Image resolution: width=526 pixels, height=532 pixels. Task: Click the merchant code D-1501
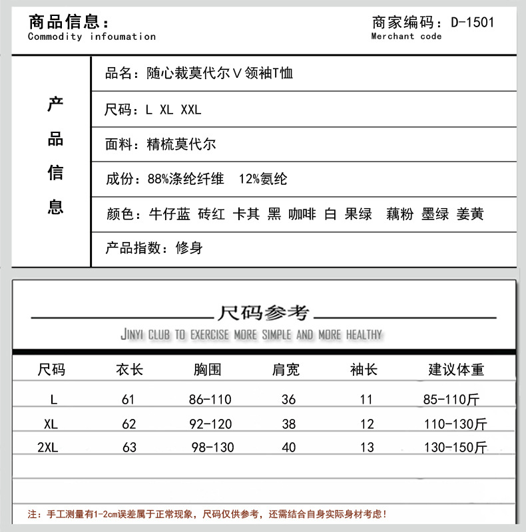pos(473,22)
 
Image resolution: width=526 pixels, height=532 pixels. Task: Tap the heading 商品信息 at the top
pos(63,21)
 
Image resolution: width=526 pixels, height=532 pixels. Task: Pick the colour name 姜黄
pos(470,214)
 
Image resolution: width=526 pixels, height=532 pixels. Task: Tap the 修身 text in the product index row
pos(189,249)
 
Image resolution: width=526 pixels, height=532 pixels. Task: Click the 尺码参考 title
pos(264,313)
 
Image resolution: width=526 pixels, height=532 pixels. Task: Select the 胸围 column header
pos(208,370)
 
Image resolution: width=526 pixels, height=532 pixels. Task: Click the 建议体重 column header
pos(456,370)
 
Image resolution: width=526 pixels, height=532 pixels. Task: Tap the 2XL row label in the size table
pos(48,448)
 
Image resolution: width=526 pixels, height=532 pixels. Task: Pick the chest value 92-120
pos(210,424)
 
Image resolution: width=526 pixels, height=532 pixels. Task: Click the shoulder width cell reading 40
pos(289,448)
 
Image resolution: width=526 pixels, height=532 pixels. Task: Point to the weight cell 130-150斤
pos(455,448)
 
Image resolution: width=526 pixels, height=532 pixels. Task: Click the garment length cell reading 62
pos(129,424)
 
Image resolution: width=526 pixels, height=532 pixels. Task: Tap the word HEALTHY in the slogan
pos(364,334)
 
